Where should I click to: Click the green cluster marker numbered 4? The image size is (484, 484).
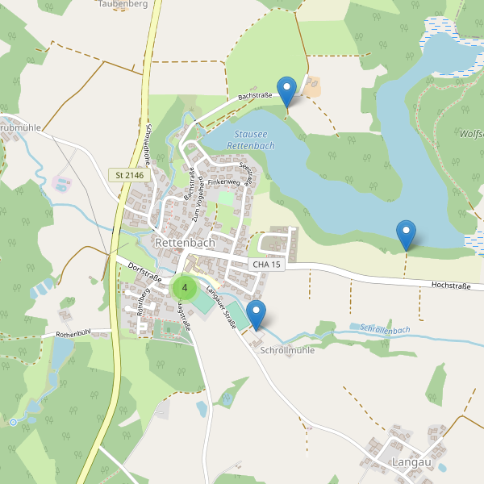click(185, 287)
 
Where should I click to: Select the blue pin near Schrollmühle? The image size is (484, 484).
click(257, 313)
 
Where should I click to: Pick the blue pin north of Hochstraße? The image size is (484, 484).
click(407, 234)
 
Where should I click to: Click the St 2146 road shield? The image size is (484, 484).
click(128, 174)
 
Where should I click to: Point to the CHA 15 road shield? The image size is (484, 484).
click(265, 265)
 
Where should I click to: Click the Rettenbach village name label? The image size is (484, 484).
click(185, 242)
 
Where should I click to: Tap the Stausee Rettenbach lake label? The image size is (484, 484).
click(250, 140)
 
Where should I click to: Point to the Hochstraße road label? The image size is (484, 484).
click(451, 285)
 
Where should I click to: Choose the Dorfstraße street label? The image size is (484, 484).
click(145, 271)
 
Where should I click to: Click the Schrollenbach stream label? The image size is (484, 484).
click(386, 330)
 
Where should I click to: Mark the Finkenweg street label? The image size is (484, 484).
click(224, 182)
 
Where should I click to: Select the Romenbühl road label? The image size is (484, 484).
click(84, 332)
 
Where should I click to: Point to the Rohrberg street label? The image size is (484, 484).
click(144, 298)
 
